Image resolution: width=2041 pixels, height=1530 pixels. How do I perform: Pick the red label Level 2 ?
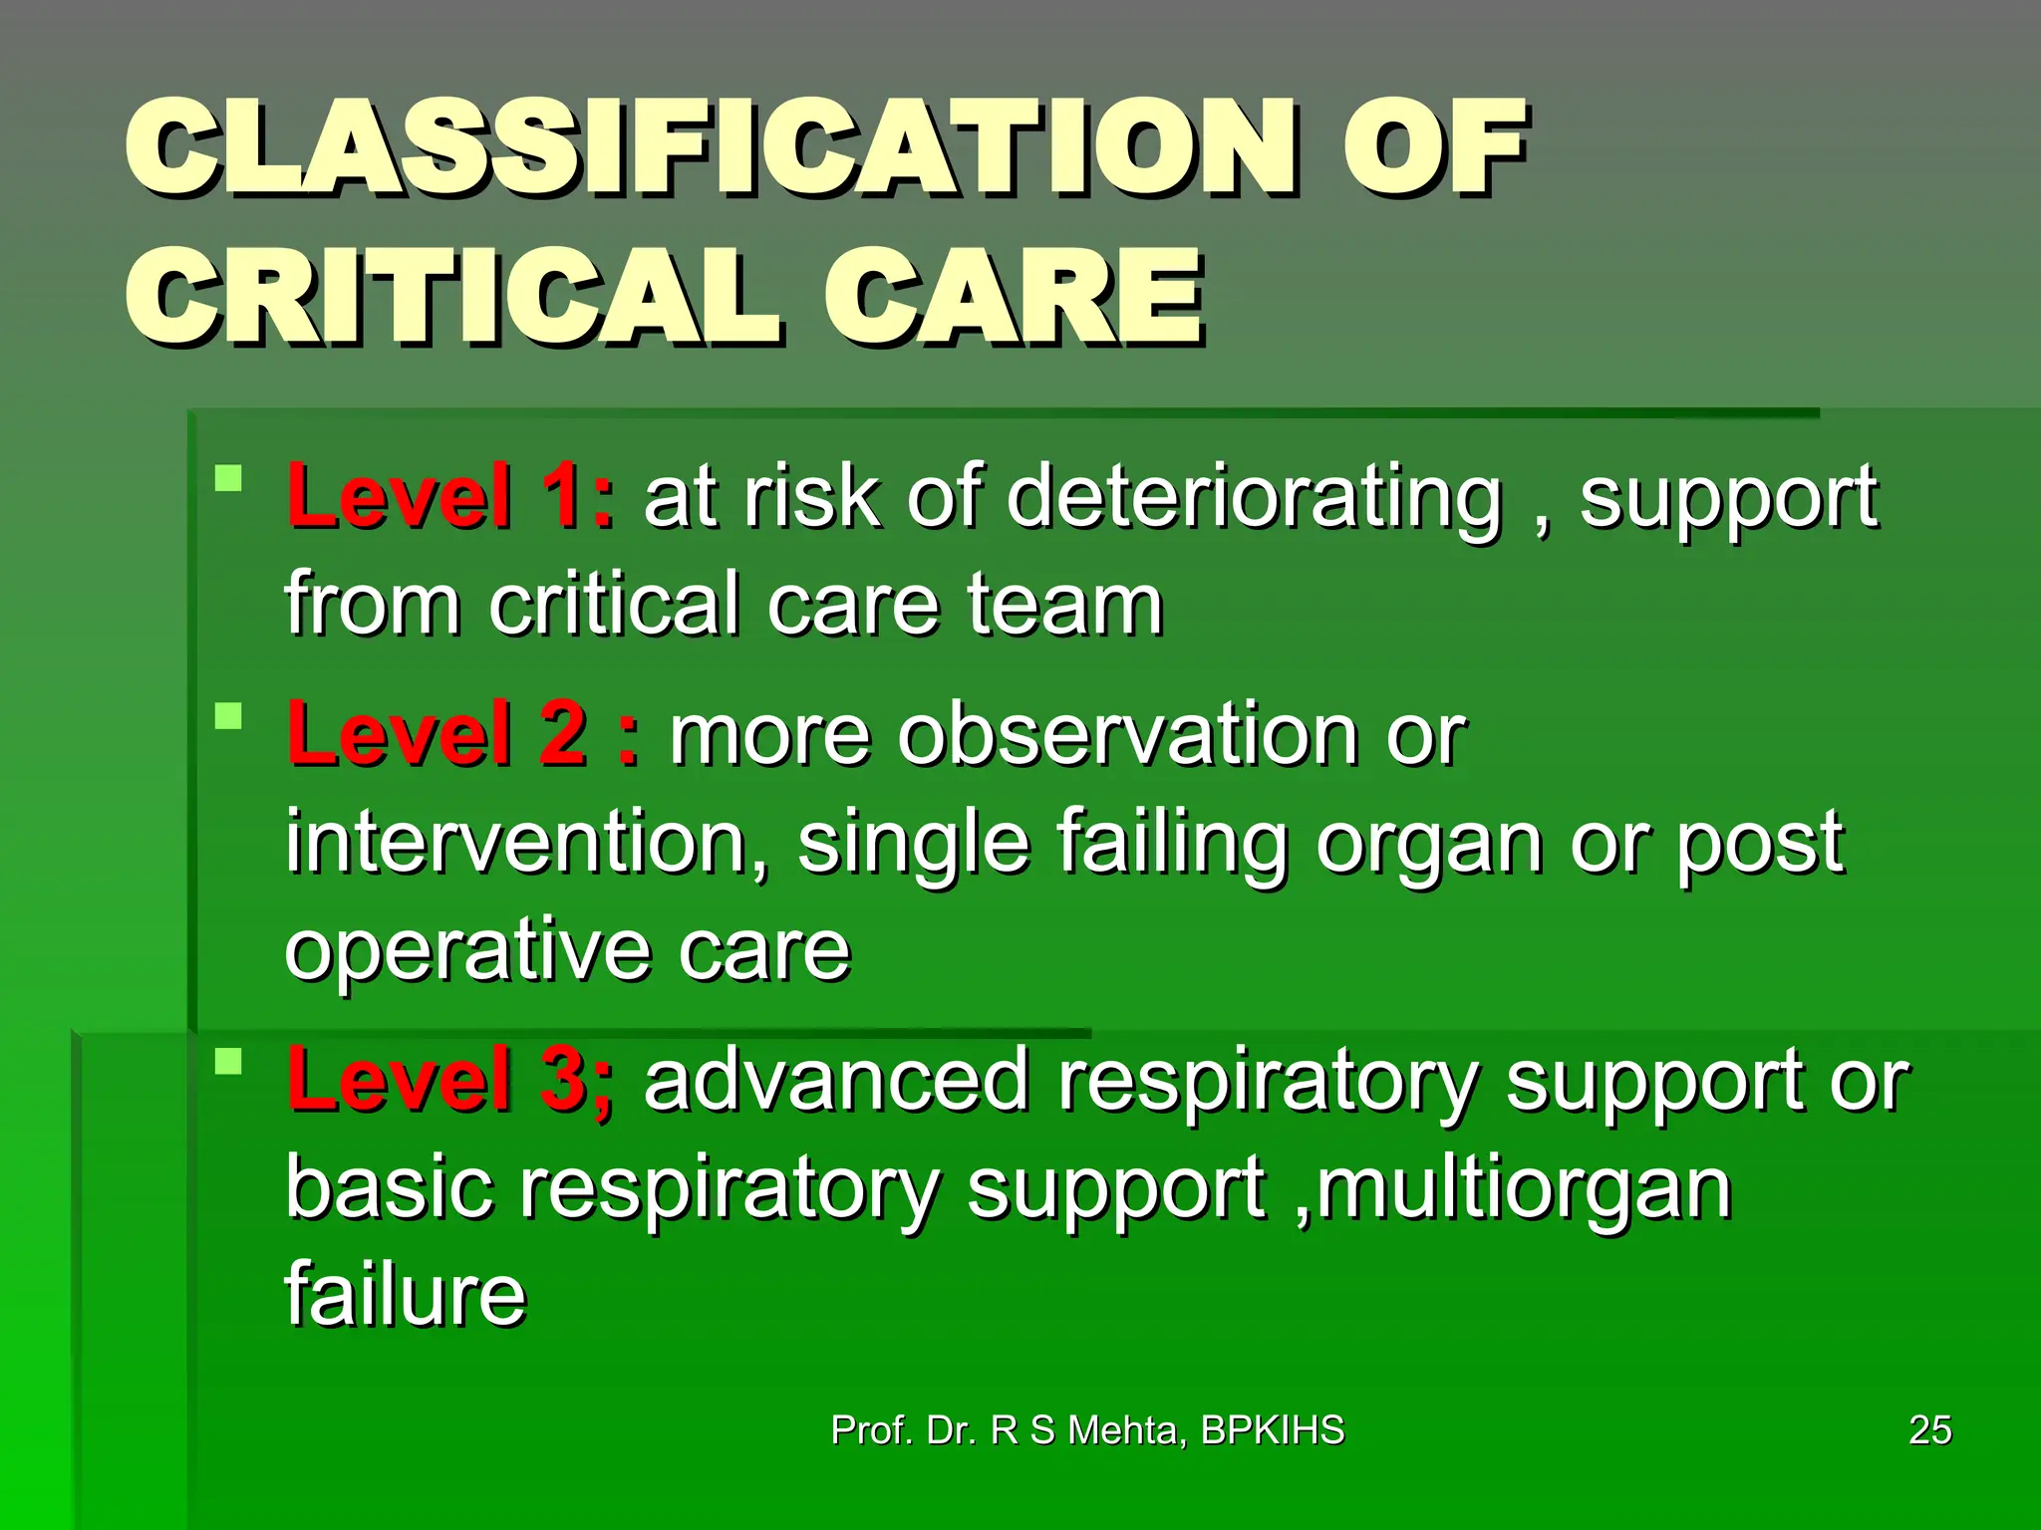(x=464, y=734)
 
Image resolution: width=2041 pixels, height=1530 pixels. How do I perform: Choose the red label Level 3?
(x=450, y=1080)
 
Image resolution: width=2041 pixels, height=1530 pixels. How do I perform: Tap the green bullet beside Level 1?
(x=229, y=478)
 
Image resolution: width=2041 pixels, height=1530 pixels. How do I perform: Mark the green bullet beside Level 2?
(x=229, y=716)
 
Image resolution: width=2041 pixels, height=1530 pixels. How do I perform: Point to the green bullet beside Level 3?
(x=229, y=1062)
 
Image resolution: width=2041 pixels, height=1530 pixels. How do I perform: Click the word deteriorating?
(x=1254, y=498)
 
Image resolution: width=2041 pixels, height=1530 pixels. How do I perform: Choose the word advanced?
(x=837, y=1081)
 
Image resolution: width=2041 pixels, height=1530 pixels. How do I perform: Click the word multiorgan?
(x=1524, y=1189)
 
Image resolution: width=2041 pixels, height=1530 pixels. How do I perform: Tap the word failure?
(x=405, y=1294)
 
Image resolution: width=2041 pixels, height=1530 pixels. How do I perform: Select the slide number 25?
(x=1929, y=1430)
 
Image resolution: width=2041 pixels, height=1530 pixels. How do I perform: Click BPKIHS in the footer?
(x=1273, y=1430)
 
